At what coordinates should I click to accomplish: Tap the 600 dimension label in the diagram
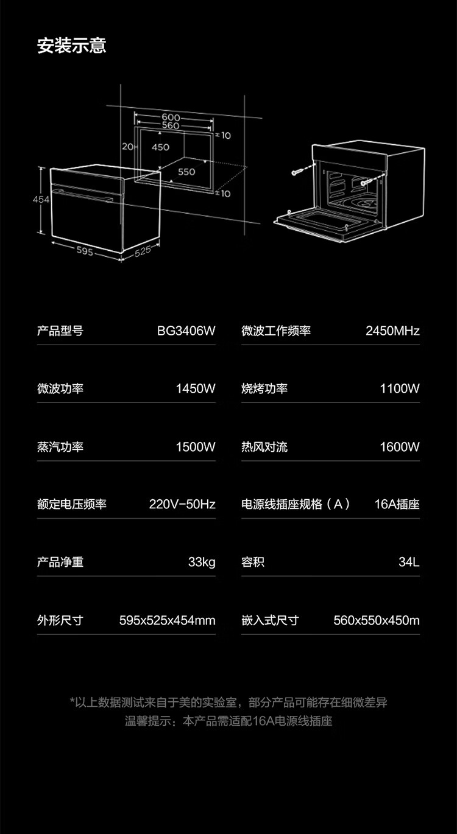pos(171,117)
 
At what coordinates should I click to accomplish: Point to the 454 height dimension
pos(41,200)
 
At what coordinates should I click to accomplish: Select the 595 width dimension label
pos(85,250)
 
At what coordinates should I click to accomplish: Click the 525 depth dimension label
pos(142,250)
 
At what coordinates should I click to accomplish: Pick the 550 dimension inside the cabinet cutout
pos(186,172)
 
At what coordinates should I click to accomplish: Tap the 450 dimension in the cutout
pos(160,147)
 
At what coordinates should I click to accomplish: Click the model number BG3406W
pos(186,331)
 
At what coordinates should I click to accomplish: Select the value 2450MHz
pos(392,331)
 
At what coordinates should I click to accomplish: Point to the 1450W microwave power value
pos(196,389)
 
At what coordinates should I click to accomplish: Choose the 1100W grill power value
pos(400,389)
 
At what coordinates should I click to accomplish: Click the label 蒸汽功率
pos(60,447)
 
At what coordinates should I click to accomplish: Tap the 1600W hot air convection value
pos(400,447)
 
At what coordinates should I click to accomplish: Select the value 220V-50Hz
pos(182,504)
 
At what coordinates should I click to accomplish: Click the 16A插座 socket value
pos(397,504)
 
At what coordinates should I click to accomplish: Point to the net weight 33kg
pos(202,562)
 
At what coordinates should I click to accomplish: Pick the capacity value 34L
pos(409,562)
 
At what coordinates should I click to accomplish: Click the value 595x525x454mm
pos(168,620)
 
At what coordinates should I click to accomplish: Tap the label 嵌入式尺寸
pos(270,620)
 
